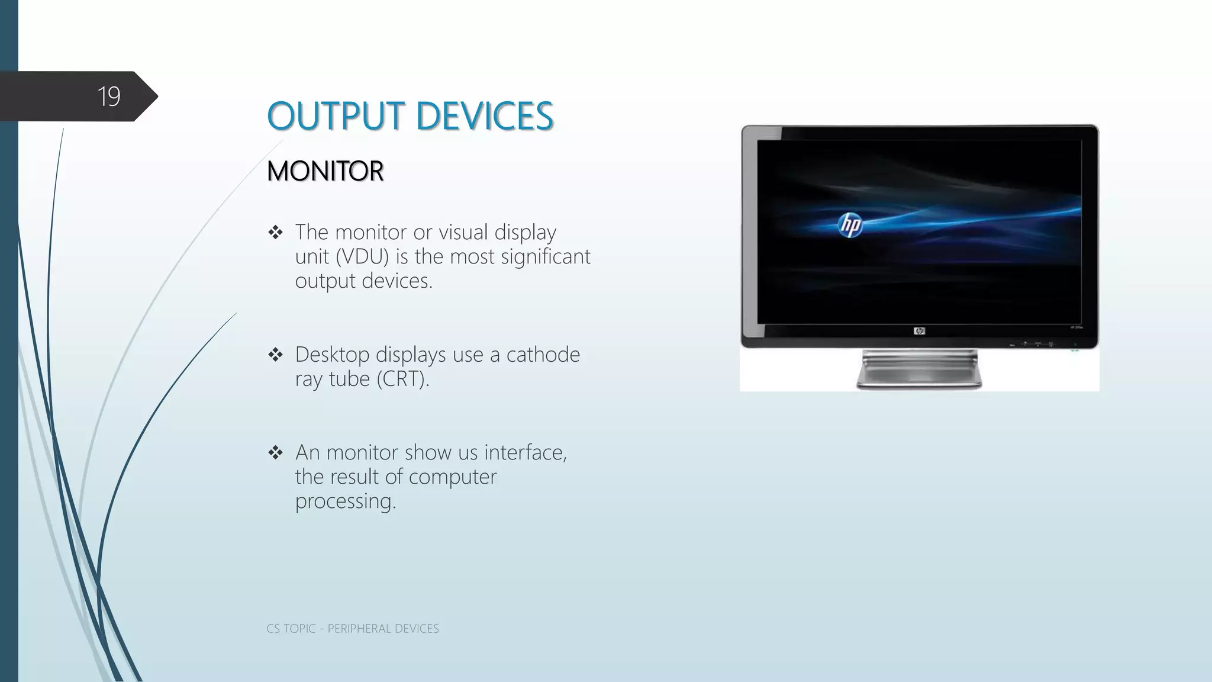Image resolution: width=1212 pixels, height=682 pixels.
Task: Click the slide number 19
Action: pos(109,96)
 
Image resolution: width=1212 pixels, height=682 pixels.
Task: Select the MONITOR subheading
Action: pos(325,171)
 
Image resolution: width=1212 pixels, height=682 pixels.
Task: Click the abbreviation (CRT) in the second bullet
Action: pos(402,379)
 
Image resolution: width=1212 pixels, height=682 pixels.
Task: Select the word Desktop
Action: pos(332,355)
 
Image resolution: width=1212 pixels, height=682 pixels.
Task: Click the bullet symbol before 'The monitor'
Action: pos(275,233)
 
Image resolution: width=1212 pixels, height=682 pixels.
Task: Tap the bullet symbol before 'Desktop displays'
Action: pos(275,355)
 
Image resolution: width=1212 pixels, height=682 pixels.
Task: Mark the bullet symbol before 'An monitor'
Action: pos(275,453)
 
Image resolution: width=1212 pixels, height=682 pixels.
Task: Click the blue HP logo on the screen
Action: pos(850,226)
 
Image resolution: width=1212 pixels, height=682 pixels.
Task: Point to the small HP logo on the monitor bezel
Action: pos(919,331)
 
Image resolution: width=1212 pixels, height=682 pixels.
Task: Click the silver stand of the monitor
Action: pos(919,370)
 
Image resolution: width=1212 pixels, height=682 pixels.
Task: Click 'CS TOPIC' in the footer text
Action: pos(291,629)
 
